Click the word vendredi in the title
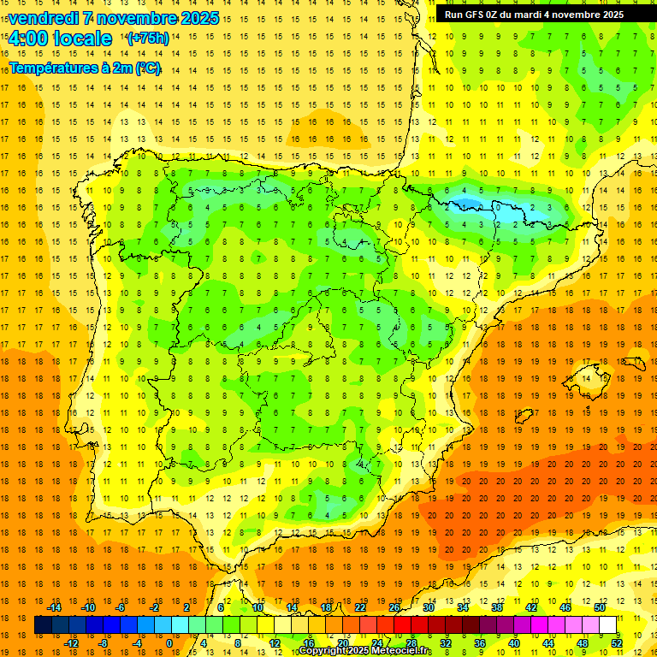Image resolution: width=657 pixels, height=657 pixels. (x=43, y=18)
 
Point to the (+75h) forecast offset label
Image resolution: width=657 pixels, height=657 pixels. (x=147, y=38)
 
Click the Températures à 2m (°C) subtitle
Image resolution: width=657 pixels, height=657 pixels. (x=85, y=68)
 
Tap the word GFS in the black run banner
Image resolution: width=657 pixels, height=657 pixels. (x=479, y=15)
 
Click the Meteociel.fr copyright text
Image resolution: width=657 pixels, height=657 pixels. (x=365, y=651)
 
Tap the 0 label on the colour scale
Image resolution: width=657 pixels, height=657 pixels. (x=169, y=643)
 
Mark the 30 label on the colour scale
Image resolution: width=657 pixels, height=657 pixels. (x=429, y=607)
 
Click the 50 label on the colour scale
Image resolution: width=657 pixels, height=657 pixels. (x=600, y=607)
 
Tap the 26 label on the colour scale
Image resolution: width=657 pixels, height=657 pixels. (x=394, y=607)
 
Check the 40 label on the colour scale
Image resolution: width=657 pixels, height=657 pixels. (x=514, y=643)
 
